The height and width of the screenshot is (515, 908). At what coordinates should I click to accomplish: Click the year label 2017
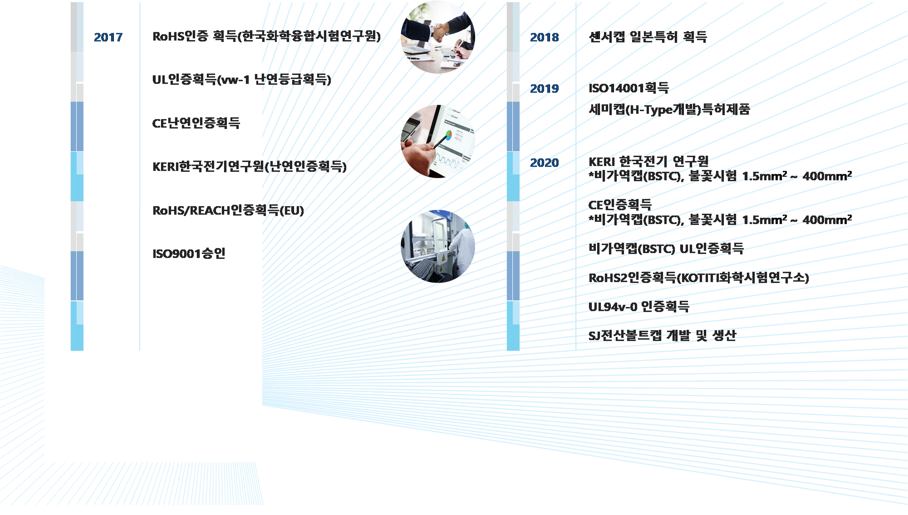[108, 37]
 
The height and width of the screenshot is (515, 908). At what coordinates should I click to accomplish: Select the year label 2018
[544, 37]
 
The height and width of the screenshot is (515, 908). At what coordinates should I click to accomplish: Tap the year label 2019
[544, 88]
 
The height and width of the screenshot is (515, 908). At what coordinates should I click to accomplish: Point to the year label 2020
[544, 163]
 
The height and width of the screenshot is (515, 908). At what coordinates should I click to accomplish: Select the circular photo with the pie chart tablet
[438, 141]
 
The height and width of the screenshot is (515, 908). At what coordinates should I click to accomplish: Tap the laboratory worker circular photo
[438, 246]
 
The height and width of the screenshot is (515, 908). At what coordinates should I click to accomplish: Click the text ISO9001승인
[189, 253]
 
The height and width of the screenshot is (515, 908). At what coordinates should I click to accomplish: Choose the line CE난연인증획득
[196, 123]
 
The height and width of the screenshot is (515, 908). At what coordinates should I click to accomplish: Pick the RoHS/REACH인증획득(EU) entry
[228, 211]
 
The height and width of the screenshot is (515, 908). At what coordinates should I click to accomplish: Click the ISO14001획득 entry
[629, 88]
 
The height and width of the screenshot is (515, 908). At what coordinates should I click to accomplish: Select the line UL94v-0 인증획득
[639, 306]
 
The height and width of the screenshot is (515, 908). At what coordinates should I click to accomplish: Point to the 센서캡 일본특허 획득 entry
[648, 37]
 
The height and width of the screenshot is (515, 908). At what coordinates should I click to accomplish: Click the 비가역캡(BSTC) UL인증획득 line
[666, 249]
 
